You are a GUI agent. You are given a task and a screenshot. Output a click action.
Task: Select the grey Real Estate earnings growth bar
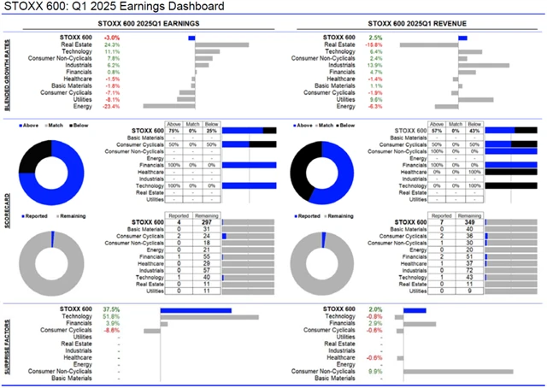pos(221,44)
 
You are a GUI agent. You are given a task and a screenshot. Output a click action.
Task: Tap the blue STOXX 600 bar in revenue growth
pos(462,38)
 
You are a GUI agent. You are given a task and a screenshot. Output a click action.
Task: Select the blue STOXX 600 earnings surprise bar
pos(196,310)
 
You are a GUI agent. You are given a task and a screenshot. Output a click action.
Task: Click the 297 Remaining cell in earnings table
pos(203,222)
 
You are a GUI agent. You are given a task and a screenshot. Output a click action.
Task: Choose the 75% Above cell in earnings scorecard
pos(175,130)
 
